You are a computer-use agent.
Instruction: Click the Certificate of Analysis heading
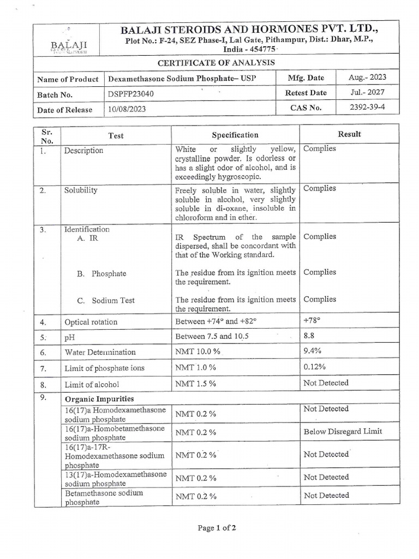(x=216, y=63)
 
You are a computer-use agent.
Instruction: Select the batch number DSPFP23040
(x=131, y=94)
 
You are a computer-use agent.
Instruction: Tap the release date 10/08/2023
(x=127, y=110)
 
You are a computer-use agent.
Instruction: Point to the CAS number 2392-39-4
(x=367, y=107)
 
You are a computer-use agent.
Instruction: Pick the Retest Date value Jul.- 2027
(x=367, y=92)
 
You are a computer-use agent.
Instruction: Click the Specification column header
(x=235, y=135)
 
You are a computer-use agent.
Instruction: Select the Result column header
(x=350, y=134)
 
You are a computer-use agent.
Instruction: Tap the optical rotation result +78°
(x=312, y=320)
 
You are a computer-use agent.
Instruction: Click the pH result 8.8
(x=309, y=336)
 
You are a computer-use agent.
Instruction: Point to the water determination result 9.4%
(x=312, y=352)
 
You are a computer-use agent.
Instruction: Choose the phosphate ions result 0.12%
(x=314, y=367)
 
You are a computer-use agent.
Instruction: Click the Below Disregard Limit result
(x=343, y=432)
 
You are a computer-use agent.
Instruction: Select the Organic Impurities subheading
(x=99, y=399)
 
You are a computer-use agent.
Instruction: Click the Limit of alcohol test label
(x=92, y=384)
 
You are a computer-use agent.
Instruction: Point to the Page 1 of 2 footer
(x=217, y=528)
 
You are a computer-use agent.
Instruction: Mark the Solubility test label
(x=81, y=191)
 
